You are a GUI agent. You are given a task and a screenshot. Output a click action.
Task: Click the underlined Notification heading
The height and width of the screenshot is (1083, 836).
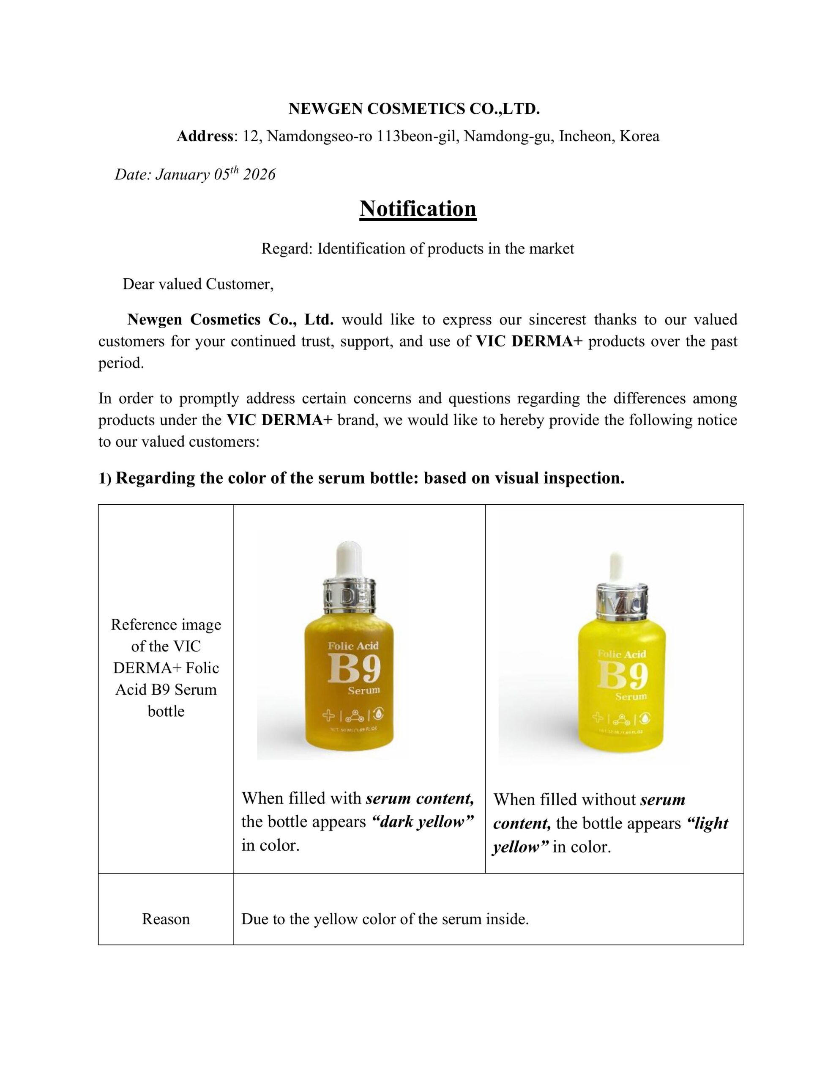click(418, 209)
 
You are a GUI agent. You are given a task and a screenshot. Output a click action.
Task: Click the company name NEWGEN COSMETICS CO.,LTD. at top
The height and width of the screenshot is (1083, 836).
click(414, 109)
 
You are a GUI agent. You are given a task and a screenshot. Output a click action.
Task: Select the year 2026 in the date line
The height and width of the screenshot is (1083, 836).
click(259, 175)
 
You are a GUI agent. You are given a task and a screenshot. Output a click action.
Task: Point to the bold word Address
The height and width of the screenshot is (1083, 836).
click(205, 136)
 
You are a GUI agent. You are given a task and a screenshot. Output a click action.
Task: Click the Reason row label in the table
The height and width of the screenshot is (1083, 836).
click(166, 919)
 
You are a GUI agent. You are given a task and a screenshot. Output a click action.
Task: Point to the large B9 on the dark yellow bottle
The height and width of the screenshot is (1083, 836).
click(353, 669)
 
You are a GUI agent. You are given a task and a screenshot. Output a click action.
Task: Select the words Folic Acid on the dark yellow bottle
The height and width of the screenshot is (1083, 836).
click(353, 645)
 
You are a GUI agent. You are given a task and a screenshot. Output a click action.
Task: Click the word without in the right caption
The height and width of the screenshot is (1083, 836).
click(612, 800)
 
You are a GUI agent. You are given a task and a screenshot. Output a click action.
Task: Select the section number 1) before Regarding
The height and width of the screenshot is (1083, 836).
click(105, 478)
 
